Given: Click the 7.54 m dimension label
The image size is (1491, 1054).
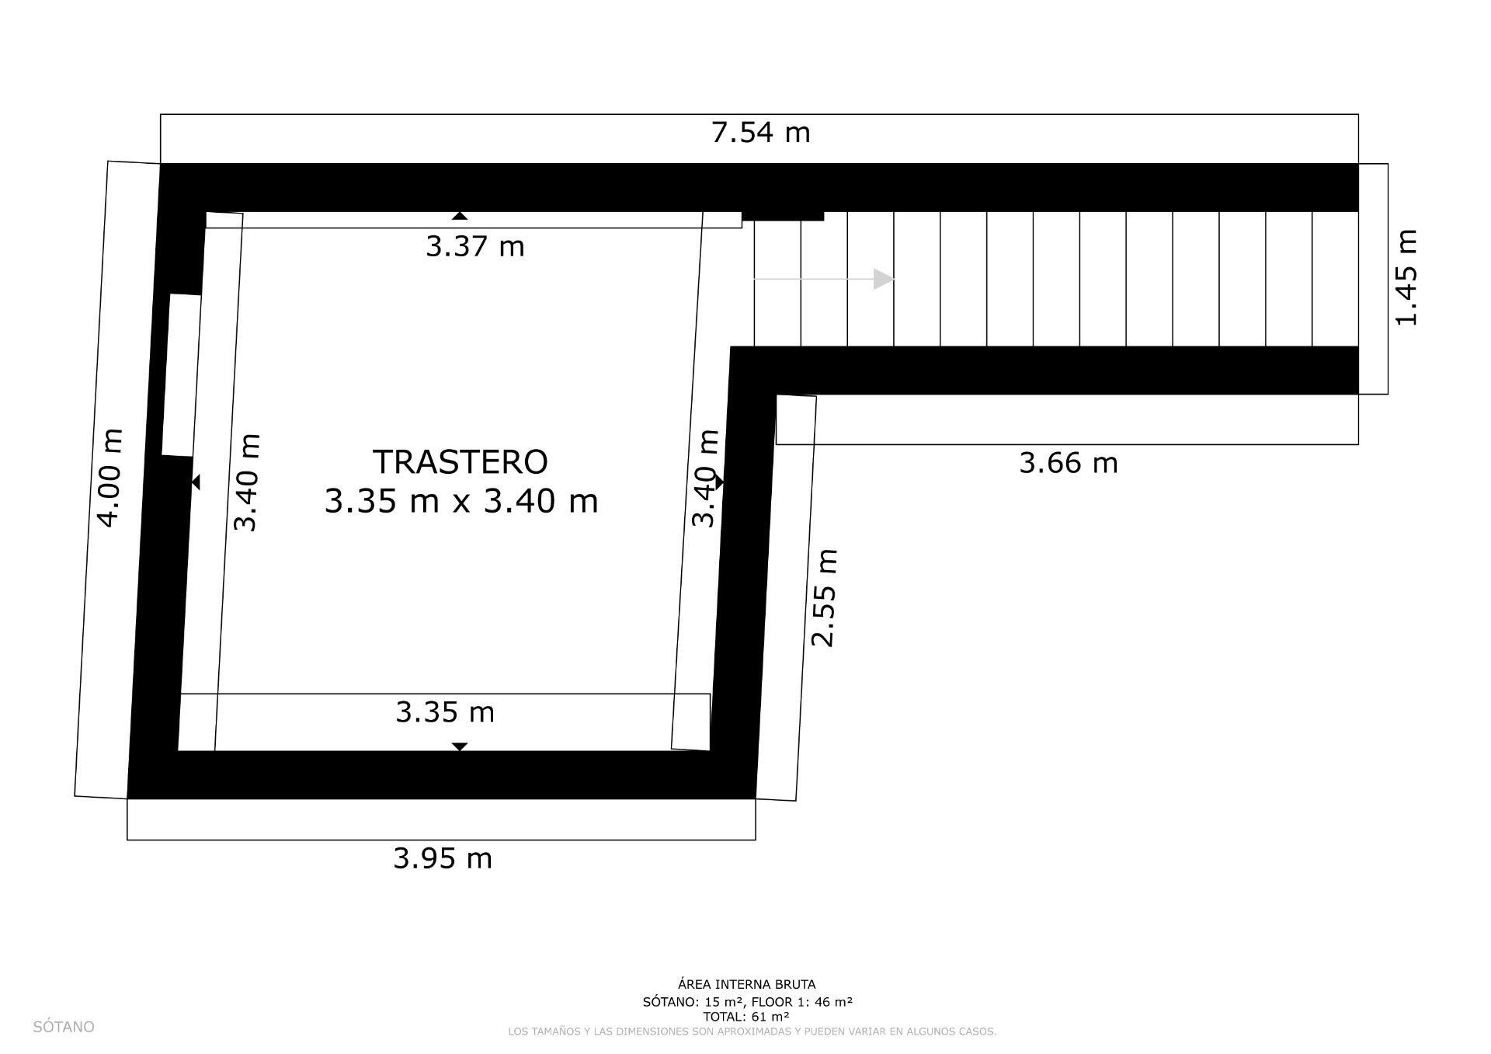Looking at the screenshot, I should (760, 133).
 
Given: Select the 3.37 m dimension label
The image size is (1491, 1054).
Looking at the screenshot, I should (474, 246).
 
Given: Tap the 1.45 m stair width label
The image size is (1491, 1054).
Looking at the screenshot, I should (1406, 277).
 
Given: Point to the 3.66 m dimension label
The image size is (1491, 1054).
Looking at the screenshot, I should (1068, 463).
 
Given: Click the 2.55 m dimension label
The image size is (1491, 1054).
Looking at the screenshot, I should (824, 597).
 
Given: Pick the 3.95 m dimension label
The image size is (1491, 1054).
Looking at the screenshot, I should (443, 858).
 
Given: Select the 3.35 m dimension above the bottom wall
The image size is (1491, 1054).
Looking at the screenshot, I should (444, 711).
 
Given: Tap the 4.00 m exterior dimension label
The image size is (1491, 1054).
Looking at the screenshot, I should (110, 477).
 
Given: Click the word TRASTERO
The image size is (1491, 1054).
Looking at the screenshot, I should (461, 461).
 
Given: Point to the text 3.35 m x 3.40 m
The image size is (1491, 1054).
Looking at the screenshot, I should (461, 501).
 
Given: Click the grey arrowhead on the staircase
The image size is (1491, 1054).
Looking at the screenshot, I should (883, 279).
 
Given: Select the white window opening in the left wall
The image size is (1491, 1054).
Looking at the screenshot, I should (181, 374).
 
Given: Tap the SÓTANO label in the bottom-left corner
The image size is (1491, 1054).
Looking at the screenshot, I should (64, 1027).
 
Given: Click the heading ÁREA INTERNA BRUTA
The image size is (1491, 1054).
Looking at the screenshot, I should (746, 985).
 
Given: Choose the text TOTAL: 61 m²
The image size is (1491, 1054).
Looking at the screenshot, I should (746, 1017).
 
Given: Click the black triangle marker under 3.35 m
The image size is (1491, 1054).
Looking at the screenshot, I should (460, 746).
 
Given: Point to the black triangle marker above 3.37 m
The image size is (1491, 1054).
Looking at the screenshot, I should (460, 216).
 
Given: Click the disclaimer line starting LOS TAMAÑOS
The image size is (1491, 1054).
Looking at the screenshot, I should (752, 1031).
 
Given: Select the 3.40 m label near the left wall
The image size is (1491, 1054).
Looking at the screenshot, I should (246, 482).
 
